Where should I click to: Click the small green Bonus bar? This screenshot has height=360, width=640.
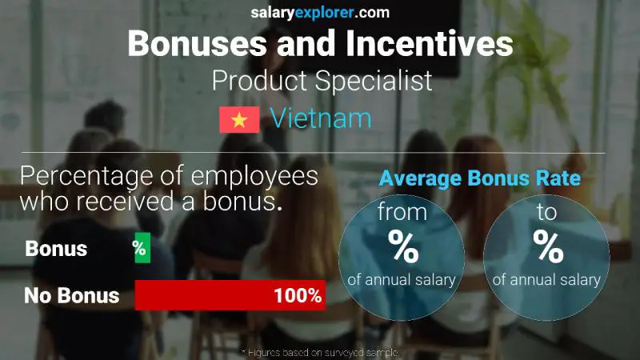(142, 249)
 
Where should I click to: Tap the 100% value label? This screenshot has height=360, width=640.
(297, 295)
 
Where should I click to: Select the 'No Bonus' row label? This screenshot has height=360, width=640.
(71, 295)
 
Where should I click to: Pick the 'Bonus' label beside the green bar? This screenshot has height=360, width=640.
(56, 249)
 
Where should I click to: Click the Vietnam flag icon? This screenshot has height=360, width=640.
(239, 120)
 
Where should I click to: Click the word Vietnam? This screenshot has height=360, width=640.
(321, 118)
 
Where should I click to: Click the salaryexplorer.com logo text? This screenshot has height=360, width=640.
(320, 12)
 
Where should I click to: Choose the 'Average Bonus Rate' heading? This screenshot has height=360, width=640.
(479, 179)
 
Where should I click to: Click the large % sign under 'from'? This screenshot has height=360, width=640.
(402, 247)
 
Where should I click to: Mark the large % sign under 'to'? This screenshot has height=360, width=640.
(548, 247)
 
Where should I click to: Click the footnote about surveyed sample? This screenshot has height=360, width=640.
(320, 352)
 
